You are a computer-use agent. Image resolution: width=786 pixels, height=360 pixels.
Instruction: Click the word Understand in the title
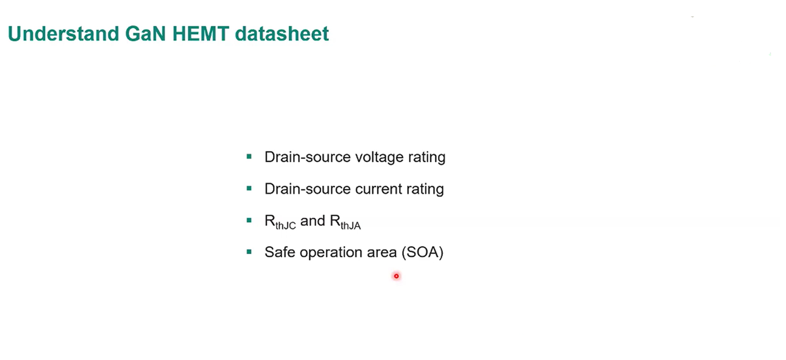[63, 34]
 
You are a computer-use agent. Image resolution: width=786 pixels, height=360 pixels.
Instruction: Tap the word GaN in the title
[145, 34]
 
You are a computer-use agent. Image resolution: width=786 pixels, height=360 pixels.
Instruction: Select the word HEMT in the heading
[200, 34]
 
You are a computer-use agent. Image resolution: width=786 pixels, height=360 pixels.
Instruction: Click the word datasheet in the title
[281, 34]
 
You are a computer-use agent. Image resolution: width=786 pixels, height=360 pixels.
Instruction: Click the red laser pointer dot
[396, 276]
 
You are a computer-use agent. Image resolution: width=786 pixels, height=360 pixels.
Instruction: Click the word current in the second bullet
[378, 189]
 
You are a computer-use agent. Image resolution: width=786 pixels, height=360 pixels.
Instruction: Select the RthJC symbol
[280, 222]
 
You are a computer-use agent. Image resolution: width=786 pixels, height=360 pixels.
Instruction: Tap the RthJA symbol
[345, 222]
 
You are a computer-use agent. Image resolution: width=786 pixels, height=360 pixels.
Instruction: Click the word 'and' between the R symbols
[313, 221]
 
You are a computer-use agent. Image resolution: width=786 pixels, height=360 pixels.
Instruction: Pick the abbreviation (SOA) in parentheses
[422, 252]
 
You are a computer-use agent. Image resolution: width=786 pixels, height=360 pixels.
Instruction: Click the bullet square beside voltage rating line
[249, 157]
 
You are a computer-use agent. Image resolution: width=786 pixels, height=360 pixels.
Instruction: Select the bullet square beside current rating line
[249, 188]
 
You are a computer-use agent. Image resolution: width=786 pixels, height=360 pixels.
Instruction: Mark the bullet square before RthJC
[249, 221]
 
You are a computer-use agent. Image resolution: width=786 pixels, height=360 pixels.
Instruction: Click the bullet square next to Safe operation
[249, 252]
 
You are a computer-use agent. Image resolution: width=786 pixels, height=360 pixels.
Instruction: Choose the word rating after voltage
[427, 157]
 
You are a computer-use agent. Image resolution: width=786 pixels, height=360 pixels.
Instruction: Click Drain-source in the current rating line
[307, 189]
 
